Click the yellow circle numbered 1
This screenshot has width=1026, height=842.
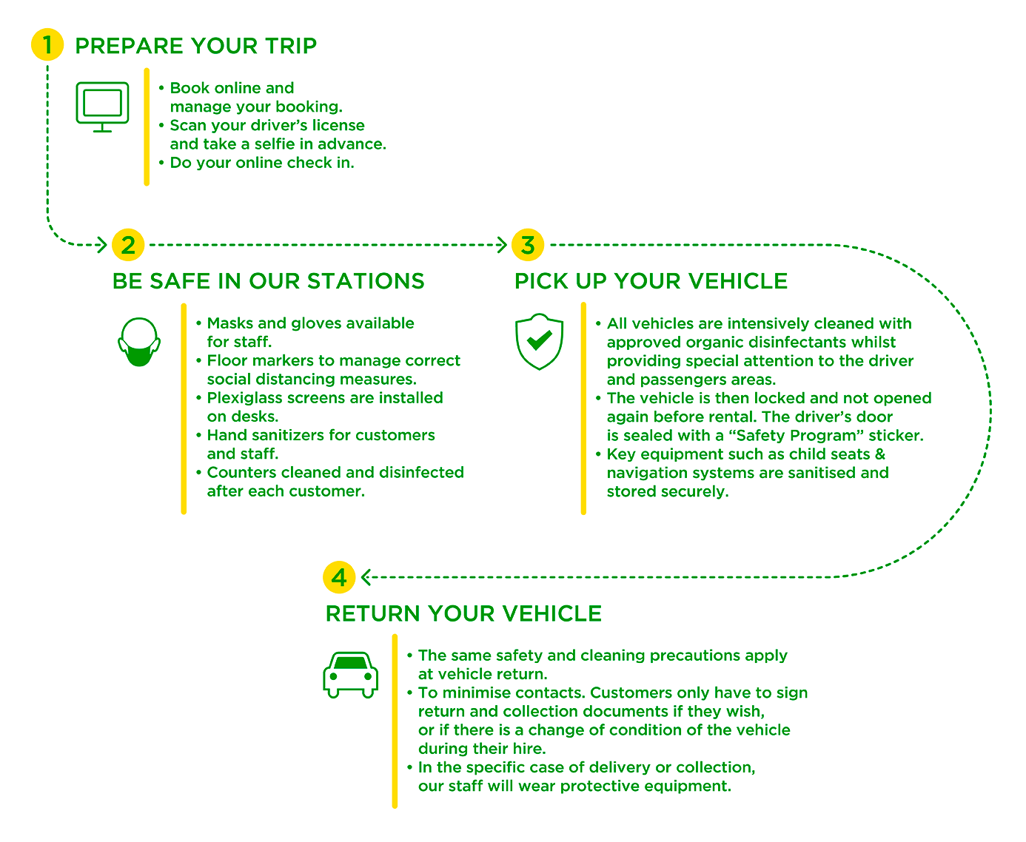pos(47,44)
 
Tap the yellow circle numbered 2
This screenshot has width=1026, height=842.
pos(128,244)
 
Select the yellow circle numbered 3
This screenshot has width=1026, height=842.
pos(527,244)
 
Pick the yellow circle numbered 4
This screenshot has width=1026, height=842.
pos(339,577)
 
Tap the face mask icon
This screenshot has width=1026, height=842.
pos(139,342)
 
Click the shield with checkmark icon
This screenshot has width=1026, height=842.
pos(539,341)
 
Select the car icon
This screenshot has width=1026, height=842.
pos(350,675)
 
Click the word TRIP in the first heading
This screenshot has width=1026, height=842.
pos(291,46)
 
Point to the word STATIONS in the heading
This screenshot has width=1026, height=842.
pos(366,281)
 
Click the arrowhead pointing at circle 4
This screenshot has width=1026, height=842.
pos(366,577)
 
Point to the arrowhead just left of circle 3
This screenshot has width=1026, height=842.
pos(502,244)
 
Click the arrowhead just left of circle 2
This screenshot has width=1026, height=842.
pos(101,244)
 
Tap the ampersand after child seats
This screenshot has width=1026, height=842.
pos(879,454)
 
